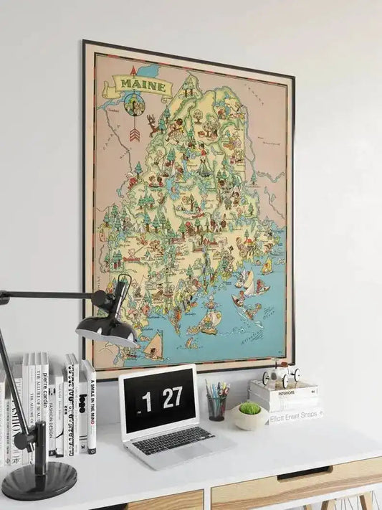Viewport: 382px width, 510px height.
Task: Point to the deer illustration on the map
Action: tap(153, 124)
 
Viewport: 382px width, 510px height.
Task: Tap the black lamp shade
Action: tap(108, 329)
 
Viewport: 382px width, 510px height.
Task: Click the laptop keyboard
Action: tap(172, 439)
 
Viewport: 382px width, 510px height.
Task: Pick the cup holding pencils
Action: tap(216, 407)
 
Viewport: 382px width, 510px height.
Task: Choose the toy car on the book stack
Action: tap(280, 375)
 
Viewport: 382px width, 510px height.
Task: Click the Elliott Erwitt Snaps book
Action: tap(295, 414)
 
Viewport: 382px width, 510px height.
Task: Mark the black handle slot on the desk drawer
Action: tap(305, 473)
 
